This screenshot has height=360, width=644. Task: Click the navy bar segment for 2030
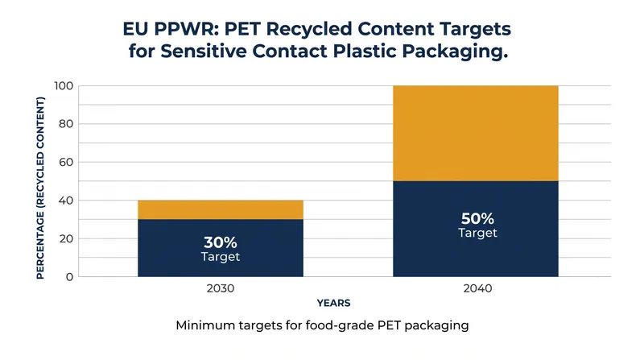pos(221,248)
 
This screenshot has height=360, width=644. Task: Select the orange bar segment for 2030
pos(221,209)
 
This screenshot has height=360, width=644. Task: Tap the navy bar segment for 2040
pos(476,229)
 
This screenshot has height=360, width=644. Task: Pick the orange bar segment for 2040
pos(476,133)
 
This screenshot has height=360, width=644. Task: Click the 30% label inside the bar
pos(221,242)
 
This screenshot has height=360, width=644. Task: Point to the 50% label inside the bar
pos(477,218)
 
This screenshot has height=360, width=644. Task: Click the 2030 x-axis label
pos(221,288)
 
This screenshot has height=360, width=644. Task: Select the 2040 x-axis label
pos(477,288)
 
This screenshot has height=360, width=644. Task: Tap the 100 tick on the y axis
pos(64,86)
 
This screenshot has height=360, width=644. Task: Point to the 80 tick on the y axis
pos(66,124)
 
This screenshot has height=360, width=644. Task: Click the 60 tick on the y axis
pos(66,162)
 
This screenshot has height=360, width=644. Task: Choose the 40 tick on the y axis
pos(66,201)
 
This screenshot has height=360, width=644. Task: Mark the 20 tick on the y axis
pos(66,238)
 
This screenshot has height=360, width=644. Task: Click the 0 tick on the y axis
pos(70,276)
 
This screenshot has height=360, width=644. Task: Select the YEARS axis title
pos(333,304)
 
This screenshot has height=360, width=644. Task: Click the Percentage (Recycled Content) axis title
pos(40,188)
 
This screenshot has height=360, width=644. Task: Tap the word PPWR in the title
pos(185,29)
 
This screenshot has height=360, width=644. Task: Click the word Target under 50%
pos(477,233)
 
